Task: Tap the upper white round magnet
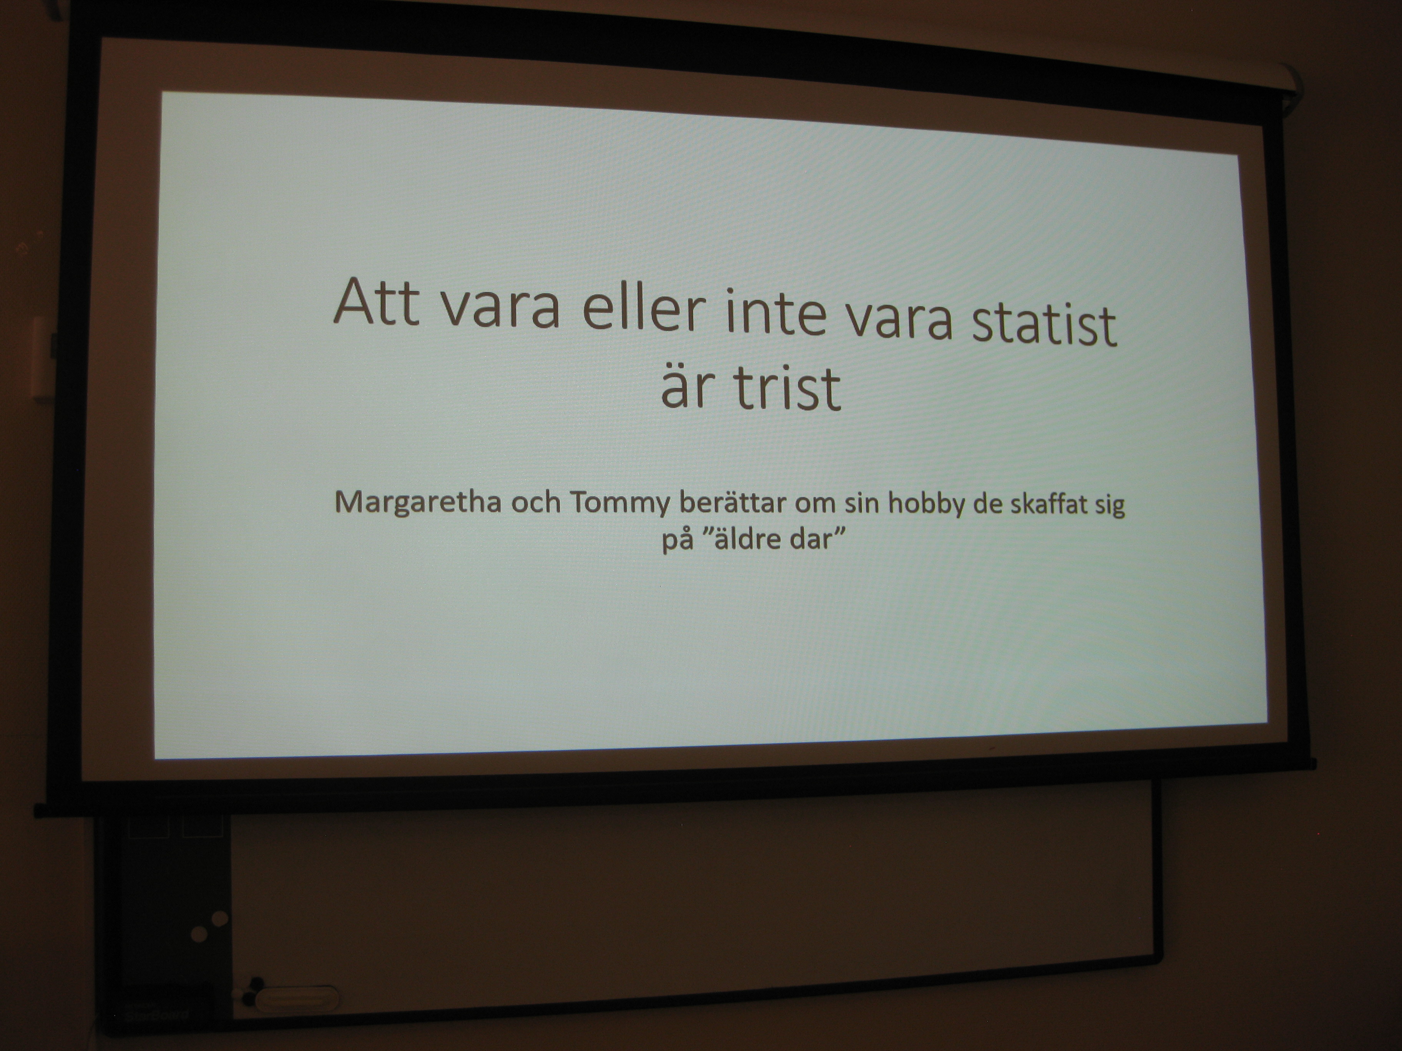click(220, 918)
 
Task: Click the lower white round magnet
click(199, 933)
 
